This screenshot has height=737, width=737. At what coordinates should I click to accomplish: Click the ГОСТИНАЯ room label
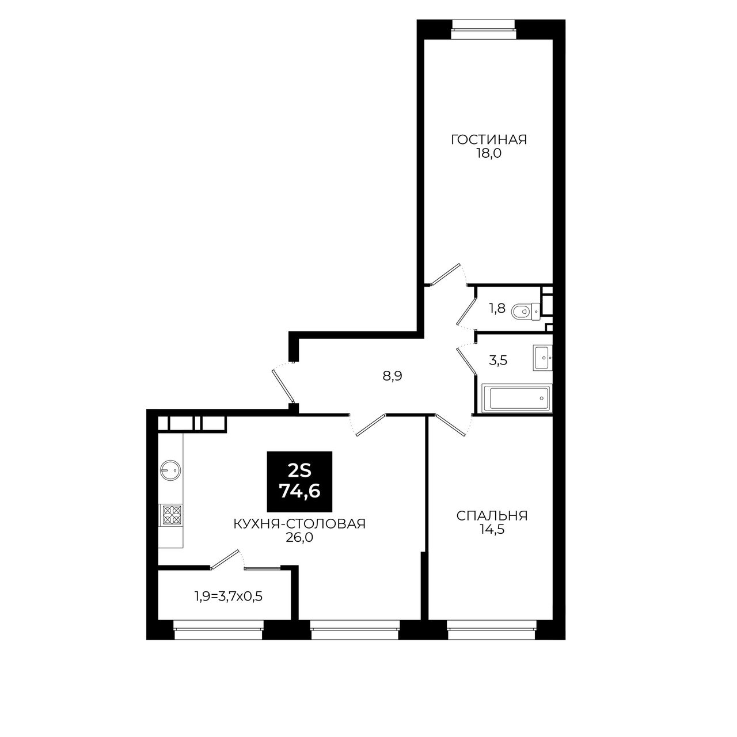[489, 139]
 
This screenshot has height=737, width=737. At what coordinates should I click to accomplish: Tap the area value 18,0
[488, 154]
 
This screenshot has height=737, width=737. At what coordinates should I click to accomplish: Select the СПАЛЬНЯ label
[492, 516]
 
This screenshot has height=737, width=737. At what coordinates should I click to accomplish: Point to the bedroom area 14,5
[492, 530]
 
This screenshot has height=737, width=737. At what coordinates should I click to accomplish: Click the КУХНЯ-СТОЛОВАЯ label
[299, 523]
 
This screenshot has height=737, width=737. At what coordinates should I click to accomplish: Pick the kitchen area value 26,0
[299, 538]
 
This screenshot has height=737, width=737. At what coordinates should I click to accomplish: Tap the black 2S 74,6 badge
[299, 481]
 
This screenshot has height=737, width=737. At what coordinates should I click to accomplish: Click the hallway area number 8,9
[393, 377]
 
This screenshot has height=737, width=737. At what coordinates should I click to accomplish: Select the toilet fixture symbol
[526, 311]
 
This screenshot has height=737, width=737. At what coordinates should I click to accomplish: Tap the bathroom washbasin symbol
[542, 358]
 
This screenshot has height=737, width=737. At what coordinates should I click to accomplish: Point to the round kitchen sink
[170, 470]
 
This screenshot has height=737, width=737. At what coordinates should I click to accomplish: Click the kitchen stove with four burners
[172, 515]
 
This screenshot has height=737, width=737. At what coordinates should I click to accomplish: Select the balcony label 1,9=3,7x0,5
[229, 597]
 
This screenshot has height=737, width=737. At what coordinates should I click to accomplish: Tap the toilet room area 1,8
[497, 309]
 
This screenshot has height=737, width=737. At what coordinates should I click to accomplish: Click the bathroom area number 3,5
[498, 360]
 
